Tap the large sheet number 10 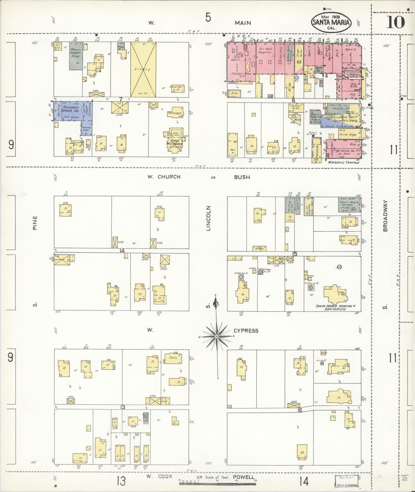(395, 22)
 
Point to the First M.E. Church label (175, 142)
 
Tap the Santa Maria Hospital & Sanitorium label (334, 307)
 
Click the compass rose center (217, 336)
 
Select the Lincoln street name (209, 218)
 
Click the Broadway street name (385, 216)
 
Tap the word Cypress (246, 331)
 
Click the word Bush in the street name (242, 177)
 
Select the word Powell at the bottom (244, 477)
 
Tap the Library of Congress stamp (346, 481)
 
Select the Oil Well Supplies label (265, 51)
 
